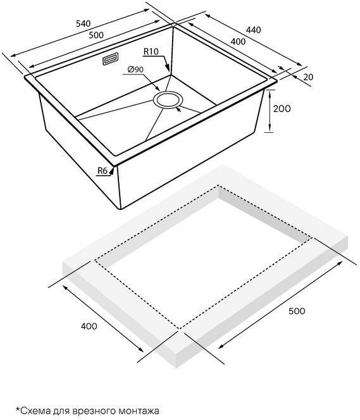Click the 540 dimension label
84,23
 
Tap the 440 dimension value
253,30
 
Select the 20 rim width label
308,77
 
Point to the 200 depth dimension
282,109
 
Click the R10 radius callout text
151,51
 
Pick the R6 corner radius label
102,170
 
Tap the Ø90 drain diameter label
135,70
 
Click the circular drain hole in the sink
168,100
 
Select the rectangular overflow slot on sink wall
110,59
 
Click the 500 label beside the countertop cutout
297,311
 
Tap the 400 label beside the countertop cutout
89,326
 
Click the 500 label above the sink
96,35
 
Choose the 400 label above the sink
238,42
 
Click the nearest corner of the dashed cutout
179,329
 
